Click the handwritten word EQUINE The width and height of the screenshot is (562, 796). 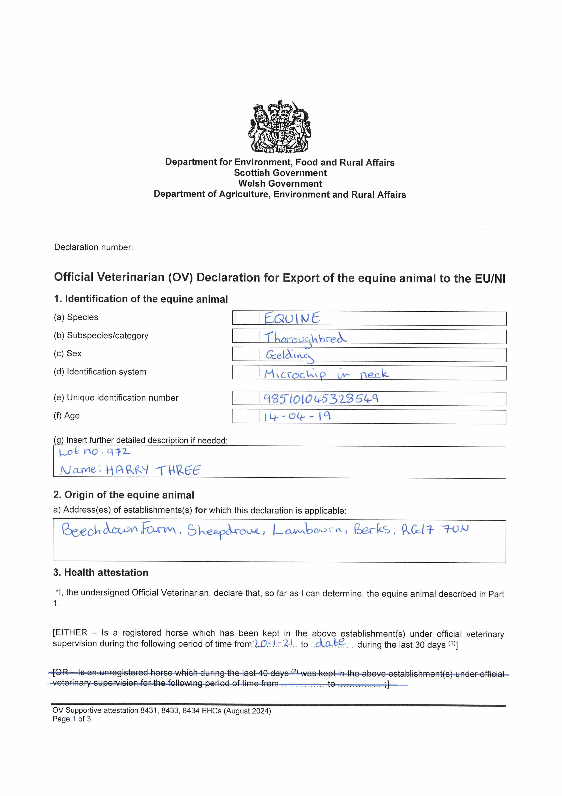[x=292, y=318]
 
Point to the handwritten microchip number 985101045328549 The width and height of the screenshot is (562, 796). [x=321, y=399]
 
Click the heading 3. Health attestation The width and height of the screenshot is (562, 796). [x=101, y=572]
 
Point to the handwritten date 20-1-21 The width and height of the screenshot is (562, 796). [x=274, y=644]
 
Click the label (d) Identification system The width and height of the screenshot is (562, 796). [x=100, y=372]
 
